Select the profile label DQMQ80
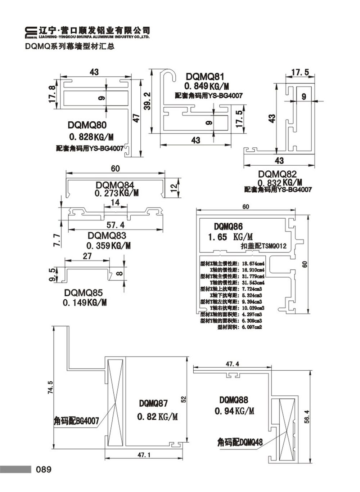[x=87, y=125]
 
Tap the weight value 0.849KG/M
[x=207, y=86]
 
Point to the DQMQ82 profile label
[x=277, y=174]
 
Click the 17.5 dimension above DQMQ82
[x=300, y=72]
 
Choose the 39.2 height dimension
[x=147, y=101]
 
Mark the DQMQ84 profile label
[x=115, y=185]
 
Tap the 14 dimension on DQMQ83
[x=115, y=203]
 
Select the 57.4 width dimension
[x=116, y=225]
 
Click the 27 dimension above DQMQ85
[x=87, y=256]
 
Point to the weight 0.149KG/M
[x=85, y=303]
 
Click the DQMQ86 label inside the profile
[x=228, y=227]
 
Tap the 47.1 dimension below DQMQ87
[x=144, y=455]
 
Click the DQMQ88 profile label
[x=234, y=400]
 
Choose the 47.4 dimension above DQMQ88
[x=233, y=364]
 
